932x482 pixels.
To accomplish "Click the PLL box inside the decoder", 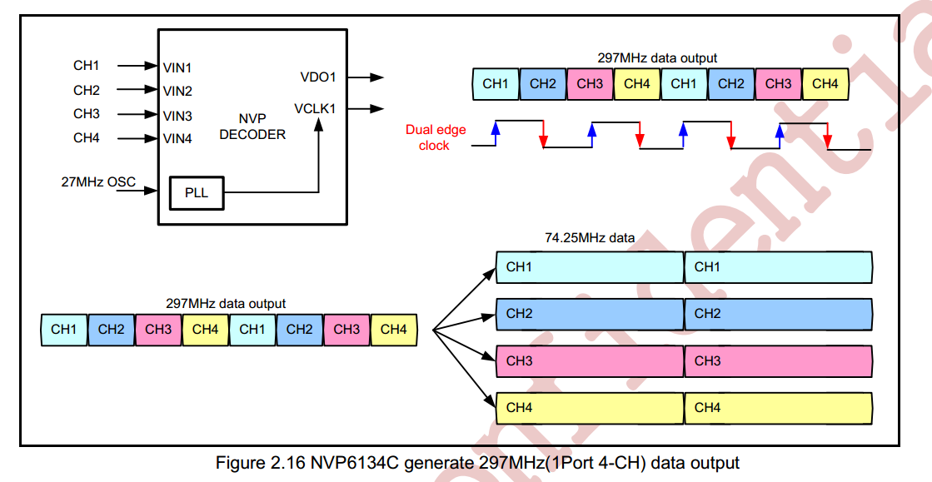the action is (197, 193).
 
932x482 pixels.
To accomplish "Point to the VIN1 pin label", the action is (177, 67).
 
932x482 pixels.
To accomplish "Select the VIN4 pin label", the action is (177, 139).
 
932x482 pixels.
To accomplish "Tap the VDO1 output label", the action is (318, 77).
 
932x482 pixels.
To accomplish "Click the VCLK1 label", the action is (315, 109).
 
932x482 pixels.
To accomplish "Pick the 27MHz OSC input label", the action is (98, 181).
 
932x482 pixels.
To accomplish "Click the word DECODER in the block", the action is (252, 135).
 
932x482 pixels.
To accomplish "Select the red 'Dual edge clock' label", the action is (436, 137).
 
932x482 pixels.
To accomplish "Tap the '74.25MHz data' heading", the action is (590, 238).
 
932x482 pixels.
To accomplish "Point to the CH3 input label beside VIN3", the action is (87, 113).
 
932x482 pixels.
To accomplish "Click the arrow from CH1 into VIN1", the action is (137, 66).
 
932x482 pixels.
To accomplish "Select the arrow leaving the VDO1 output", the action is (366, 77).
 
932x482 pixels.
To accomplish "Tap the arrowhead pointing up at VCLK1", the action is (319, 124).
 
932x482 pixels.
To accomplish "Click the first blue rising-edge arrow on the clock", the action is (495, 133).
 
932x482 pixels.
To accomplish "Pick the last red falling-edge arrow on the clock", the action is (827, 136).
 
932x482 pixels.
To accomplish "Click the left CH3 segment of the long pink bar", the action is (590, 360).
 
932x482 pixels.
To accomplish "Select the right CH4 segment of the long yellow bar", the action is (779, 408).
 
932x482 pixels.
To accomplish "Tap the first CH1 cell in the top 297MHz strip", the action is (496, 84).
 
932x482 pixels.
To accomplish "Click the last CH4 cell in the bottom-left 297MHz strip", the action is (393, 330).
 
